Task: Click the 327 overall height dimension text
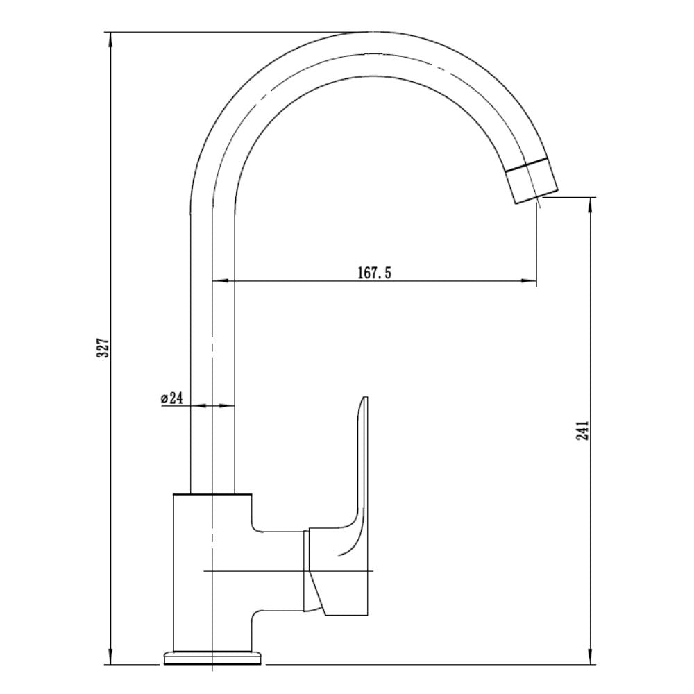[x=103, y=348]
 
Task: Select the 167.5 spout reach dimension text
[x=375, y=273]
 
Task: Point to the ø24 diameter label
[x=171, y=398]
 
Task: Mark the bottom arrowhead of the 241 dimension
[x=591, y=656]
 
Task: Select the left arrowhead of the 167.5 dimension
[x=221, y=280]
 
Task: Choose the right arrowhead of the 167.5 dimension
[x=528, y=280]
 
